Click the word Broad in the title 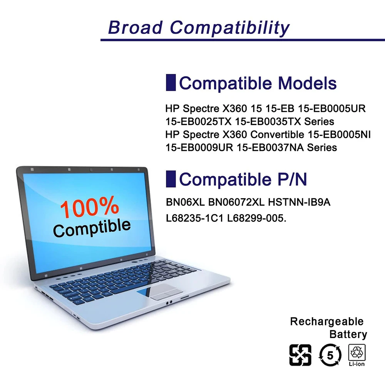coord(135,27)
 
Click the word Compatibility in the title coord(230,28)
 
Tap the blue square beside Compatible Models coord(171,82)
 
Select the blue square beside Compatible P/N coord(171,179)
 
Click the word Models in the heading coord(307,83)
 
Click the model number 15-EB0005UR coord(332,108)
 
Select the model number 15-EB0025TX coord(198,121)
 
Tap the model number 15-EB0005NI coord(339,134)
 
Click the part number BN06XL coord(186,202)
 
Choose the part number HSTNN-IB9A coord(299,202)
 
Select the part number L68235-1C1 coord(194,218)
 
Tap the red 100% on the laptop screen coord(89,207)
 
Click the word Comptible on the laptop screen coord(92,228)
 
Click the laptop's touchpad coord(166,291)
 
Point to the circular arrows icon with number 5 coord(330,355)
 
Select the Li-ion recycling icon coord(357,355)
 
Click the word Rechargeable coord(326,321)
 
